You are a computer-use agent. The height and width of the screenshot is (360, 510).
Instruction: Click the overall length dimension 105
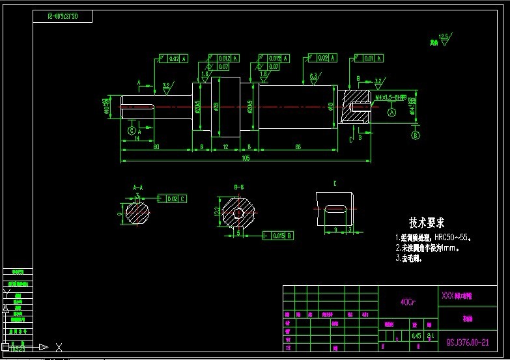tap(246, 158)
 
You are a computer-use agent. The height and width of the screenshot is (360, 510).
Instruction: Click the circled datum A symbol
tap(392, 112)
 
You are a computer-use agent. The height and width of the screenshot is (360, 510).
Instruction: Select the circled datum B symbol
tap(415, 135)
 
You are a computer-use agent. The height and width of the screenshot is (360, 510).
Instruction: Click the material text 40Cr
tap(408, 302)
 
